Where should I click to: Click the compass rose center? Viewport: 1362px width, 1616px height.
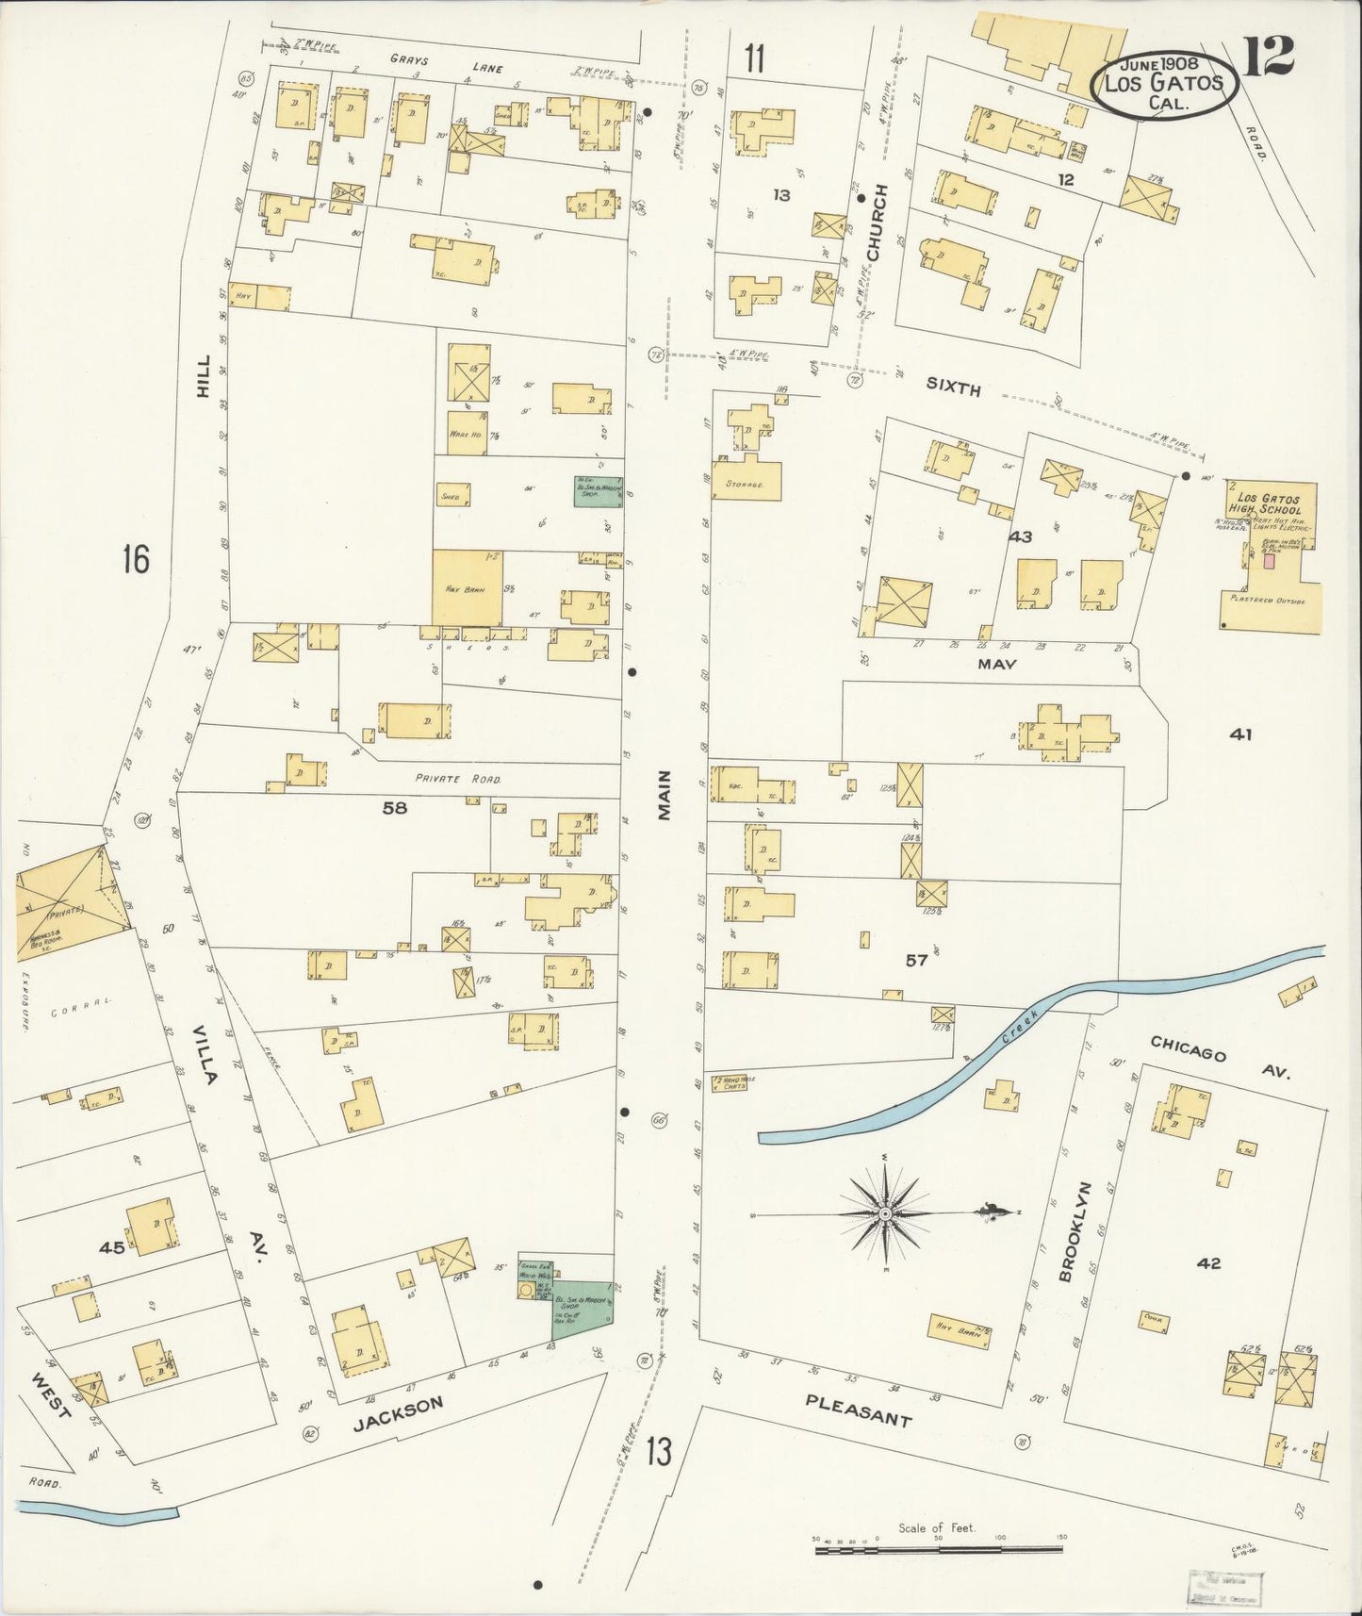click(885, 1213)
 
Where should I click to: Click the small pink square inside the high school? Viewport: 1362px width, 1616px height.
click(1269, 560)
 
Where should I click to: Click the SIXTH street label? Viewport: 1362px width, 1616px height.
click(953, 388)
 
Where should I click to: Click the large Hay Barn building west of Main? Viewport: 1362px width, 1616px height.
click(467, 587)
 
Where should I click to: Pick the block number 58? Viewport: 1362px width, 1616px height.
click(394, 807)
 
